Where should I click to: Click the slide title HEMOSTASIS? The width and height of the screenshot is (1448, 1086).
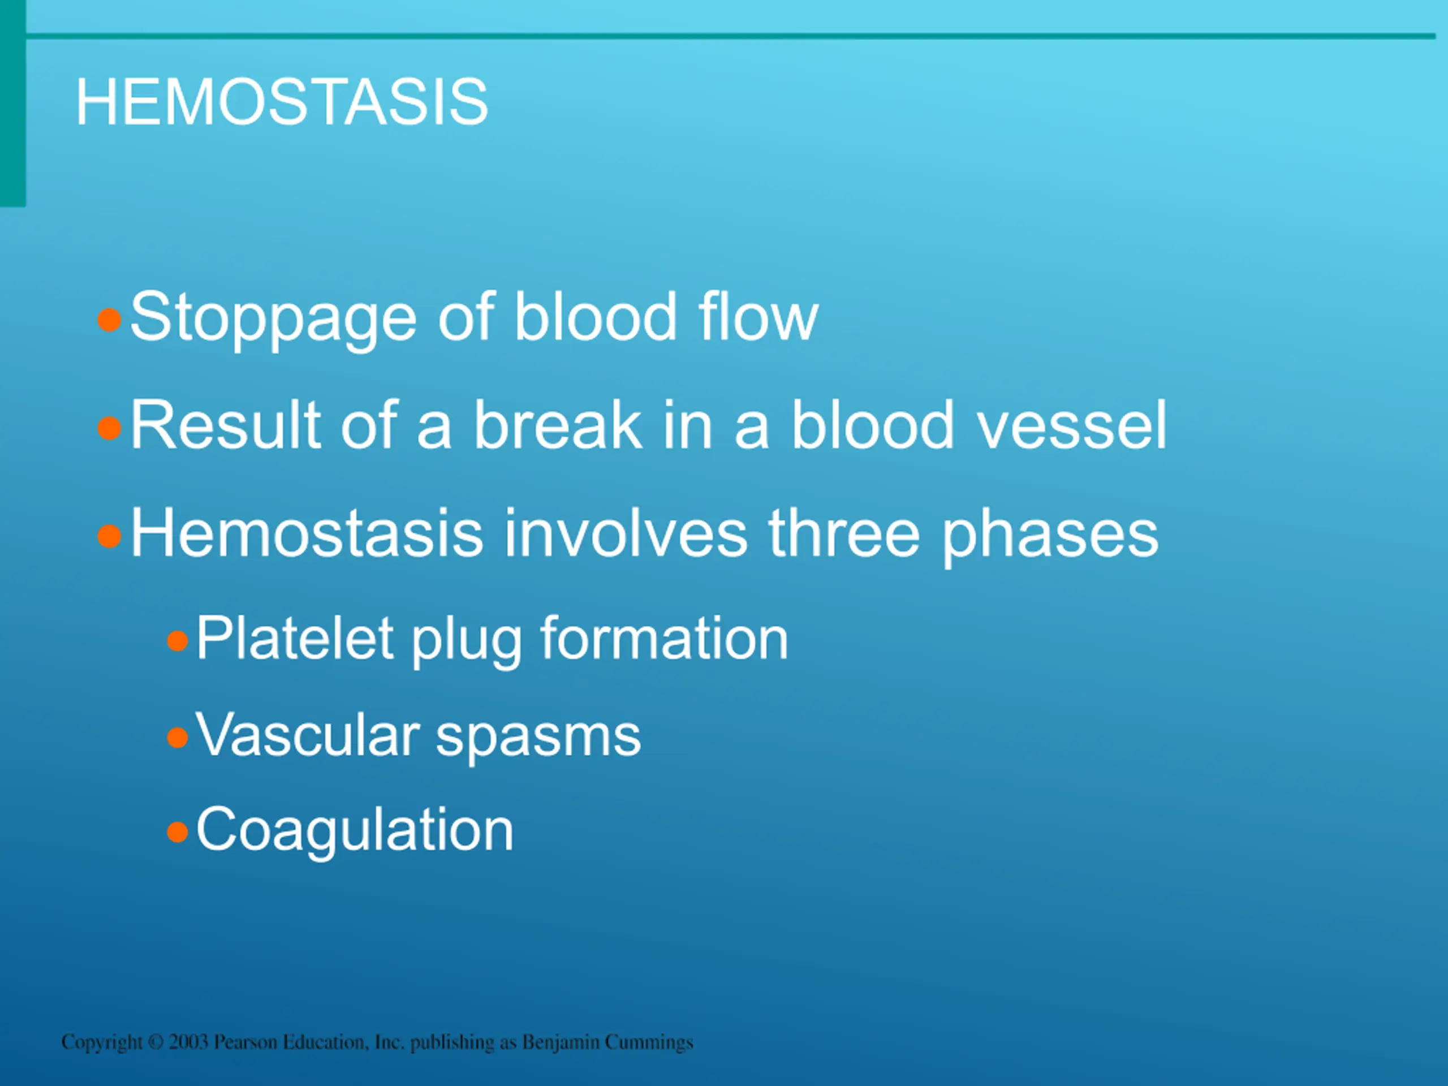282,102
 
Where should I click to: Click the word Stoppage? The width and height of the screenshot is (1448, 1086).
274,319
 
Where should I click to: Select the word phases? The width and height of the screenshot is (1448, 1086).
1050,537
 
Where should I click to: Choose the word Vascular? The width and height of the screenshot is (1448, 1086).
308,735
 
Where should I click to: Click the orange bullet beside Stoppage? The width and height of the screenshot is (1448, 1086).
109,320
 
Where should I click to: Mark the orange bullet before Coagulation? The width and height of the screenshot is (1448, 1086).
178,833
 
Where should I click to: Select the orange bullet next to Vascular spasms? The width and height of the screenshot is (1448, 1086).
178,738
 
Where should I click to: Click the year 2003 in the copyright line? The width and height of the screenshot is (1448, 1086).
188,1041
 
